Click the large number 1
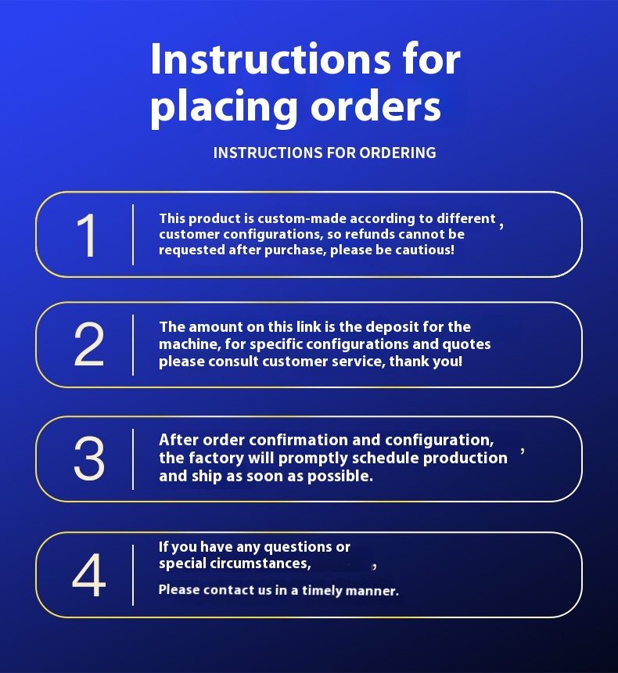tap(87, 235)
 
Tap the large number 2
tap(89, 344)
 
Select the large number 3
tap(89, 459)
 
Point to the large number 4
tap(89, 574)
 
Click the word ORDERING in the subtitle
tap(398, 153)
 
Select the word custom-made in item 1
tap(302, 218)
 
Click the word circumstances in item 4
tap(260, 563)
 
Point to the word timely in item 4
tap(322, 591)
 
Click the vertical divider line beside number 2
tap(133, 345)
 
